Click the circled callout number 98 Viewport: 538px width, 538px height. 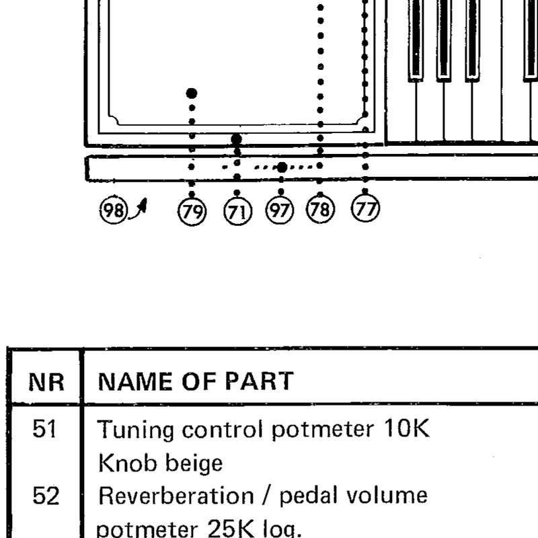114,210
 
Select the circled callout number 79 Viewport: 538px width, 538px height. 192,211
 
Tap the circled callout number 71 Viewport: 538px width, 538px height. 237,211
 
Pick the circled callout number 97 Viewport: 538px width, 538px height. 280,210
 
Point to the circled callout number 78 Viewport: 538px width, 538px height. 320,209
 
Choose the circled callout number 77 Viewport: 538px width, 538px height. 365,208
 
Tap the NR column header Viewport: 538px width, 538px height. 46,382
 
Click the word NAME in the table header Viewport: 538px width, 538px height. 135,381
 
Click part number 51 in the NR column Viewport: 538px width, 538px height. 44,428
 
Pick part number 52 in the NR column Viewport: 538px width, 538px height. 46,496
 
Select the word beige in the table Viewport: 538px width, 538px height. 194,464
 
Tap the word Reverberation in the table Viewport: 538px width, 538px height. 176,496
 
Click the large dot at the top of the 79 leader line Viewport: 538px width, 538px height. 192,93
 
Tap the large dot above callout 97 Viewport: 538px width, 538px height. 282,167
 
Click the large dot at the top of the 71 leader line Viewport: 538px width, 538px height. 237,139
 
